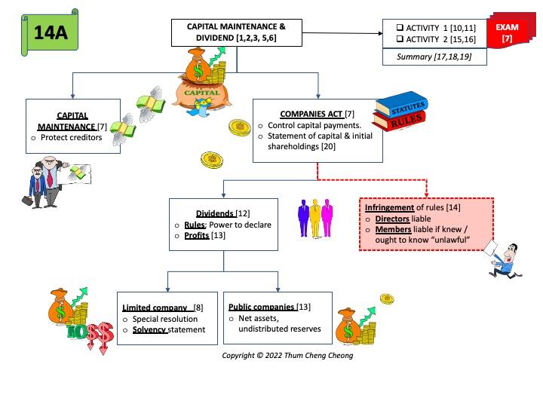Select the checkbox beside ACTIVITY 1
click(x=400, y=28)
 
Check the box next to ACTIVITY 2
click(x=400, y=40)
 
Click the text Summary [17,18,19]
click(x=433, y=57)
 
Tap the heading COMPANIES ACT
click(x=301, y=113)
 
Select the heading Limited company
click(x=155, y=308)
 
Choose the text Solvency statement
click(x=169, y=330)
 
